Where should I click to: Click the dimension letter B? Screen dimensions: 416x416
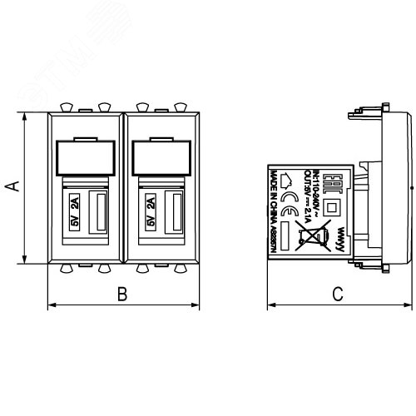pyautogui.click(x=122, y=294)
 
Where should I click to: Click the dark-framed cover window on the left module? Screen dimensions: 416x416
pyautogui.click(x=85, y=156)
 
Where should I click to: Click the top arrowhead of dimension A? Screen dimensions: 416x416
pyautogui.click(x=25, y=117)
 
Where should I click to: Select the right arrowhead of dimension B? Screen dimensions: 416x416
pyautogui.click(x=197, y=305)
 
